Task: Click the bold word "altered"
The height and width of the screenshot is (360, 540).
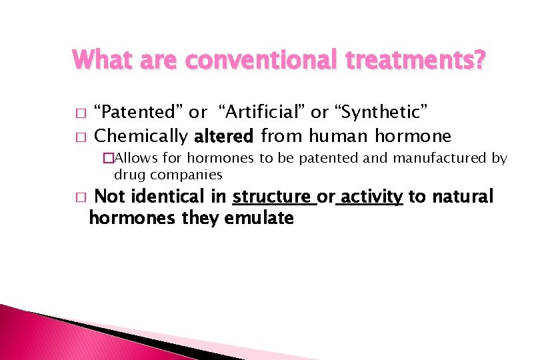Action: pyautogui.click(x=224, y=137)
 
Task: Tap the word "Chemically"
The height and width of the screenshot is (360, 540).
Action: pyautogui.click(x=141, y=137)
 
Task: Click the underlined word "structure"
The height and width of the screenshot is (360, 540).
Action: pyautogui.click(x=273, y=197)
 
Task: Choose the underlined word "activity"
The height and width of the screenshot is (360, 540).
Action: pyautogui.click(x=371, y=197)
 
